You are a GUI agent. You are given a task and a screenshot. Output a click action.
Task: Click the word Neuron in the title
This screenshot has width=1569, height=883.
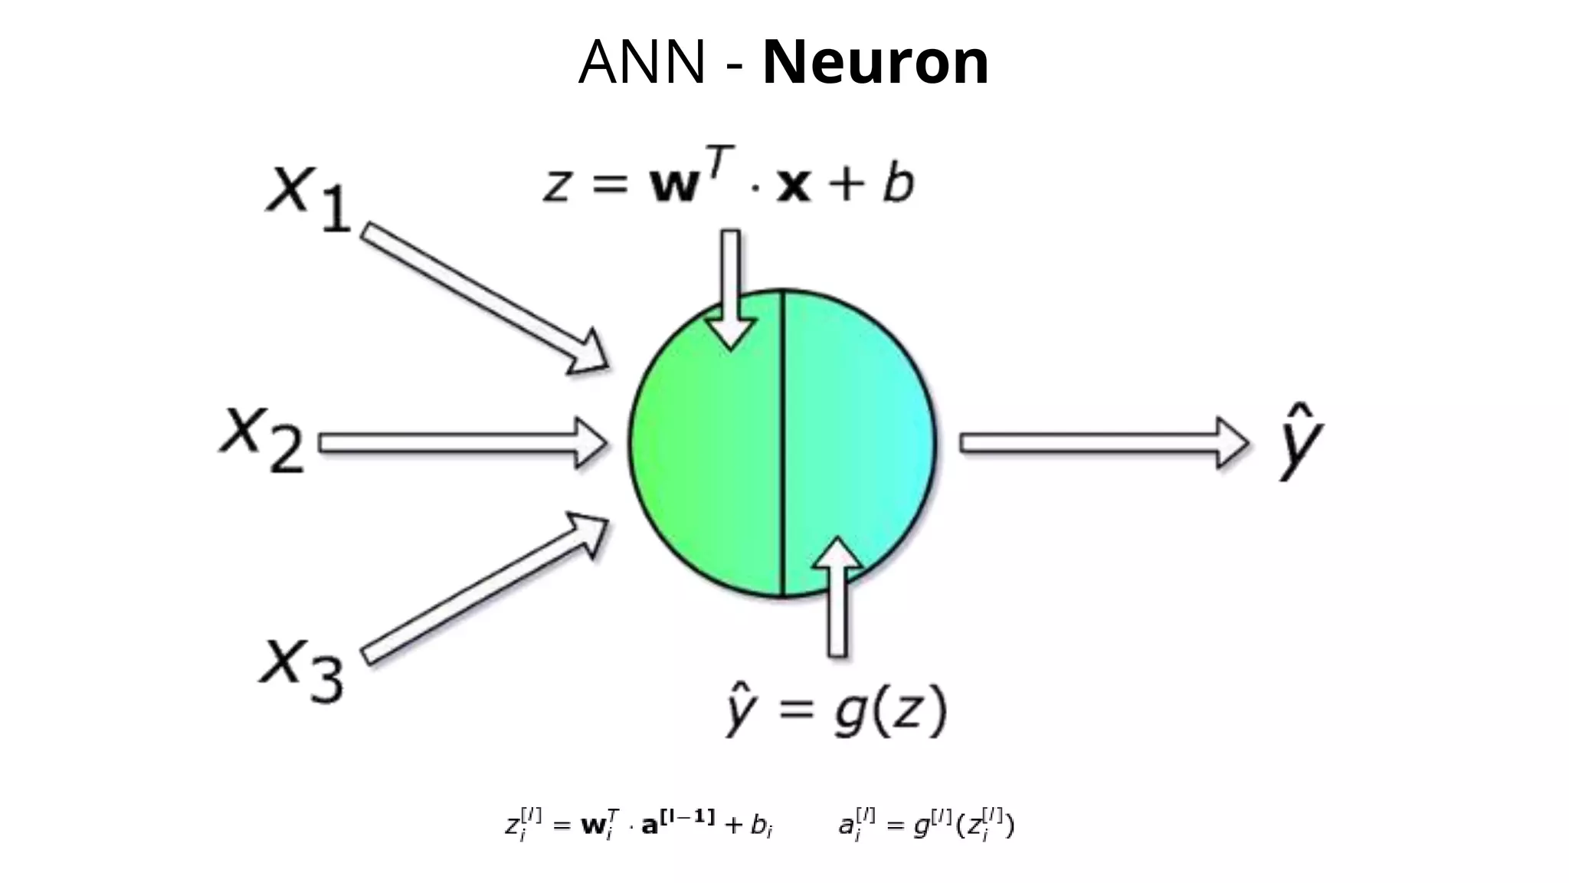point(876,62)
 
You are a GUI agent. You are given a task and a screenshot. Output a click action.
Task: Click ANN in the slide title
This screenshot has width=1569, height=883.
point(641,62)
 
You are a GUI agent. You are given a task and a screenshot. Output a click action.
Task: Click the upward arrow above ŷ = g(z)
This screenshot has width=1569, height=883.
point(837,598)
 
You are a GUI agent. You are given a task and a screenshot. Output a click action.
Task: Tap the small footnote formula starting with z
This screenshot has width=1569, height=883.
point(638,825)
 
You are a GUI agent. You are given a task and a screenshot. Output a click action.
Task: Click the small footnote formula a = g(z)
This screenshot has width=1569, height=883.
point(925,825)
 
